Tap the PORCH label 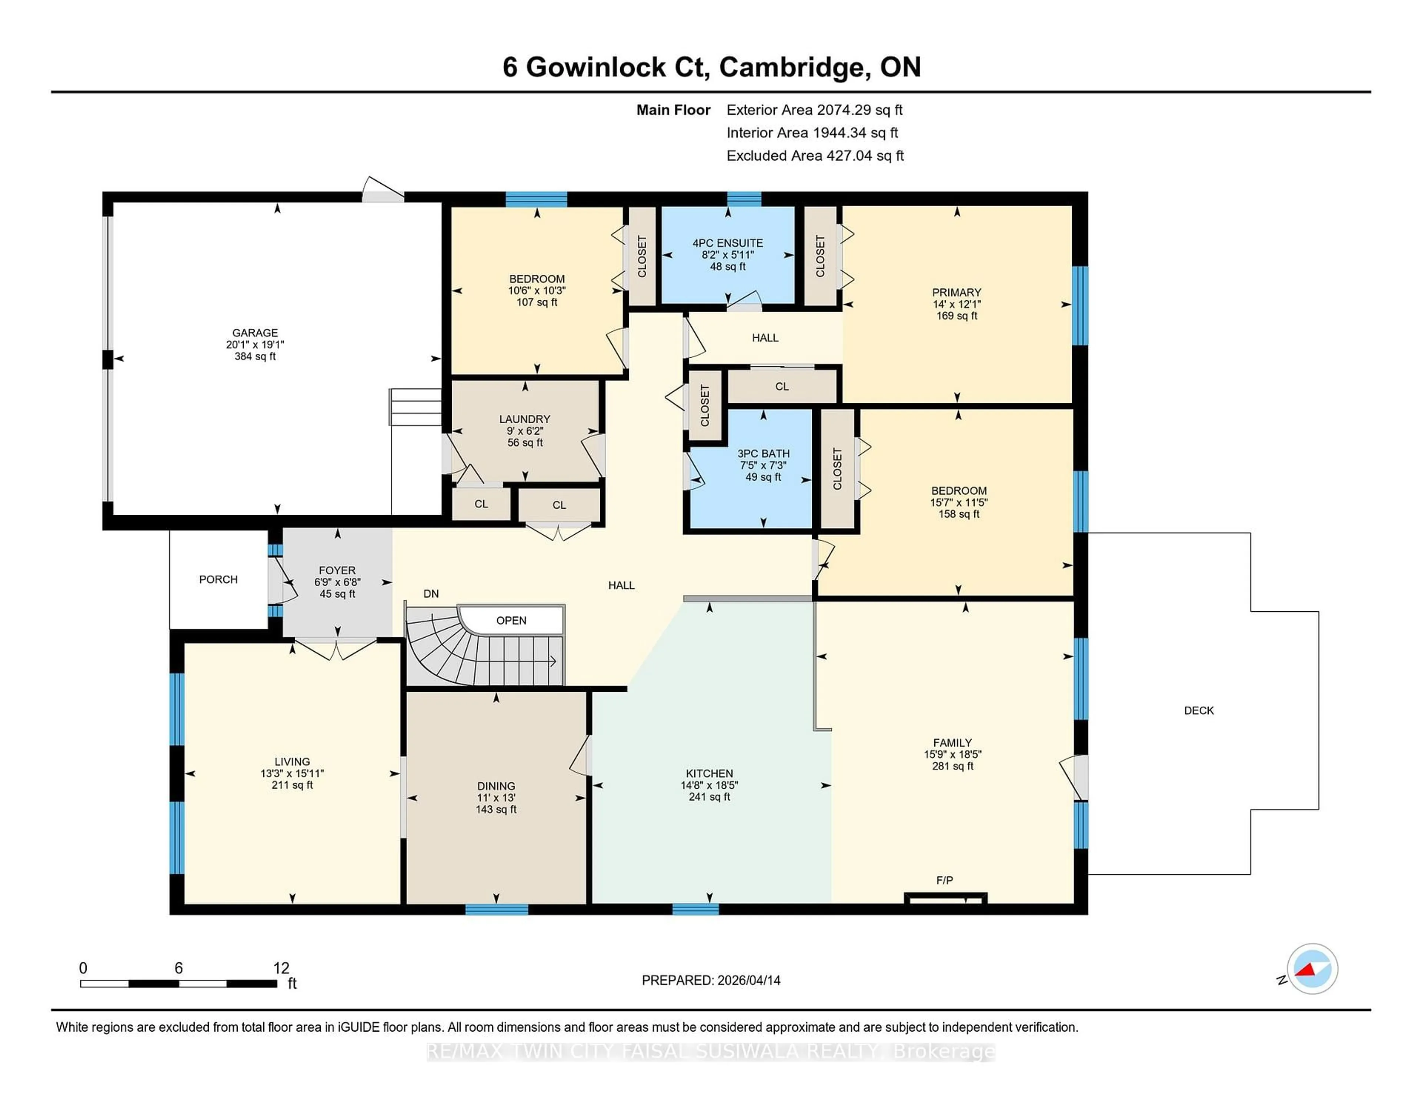pos(218,579)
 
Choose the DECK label pos(1199,710)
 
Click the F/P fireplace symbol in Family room pos(945,898)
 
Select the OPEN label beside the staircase pos(511,621)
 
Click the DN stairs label pos(431,594)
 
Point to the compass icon pos(1312,969)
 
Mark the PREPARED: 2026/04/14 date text pos(711,981)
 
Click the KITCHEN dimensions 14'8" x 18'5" pos(709,785)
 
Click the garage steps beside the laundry pos(415,407)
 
